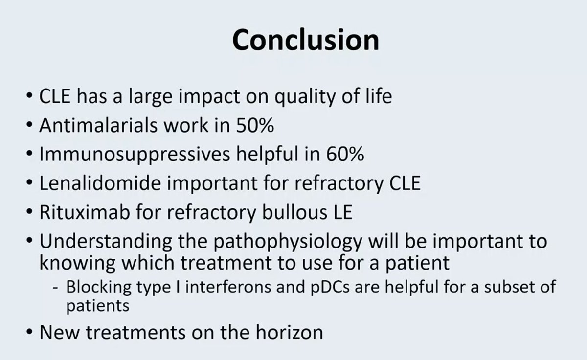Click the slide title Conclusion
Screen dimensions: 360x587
coord(305,41)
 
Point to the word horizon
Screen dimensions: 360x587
coord(289,333)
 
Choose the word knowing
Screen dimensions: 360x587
coord(77,263)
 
